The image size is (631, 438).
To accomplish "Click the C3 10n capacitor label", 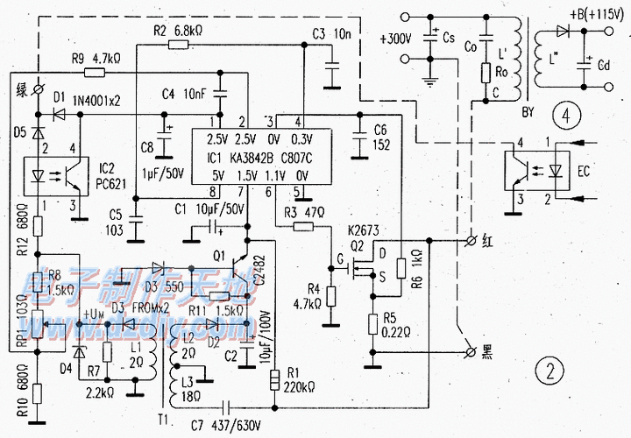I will pos(330,34).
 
